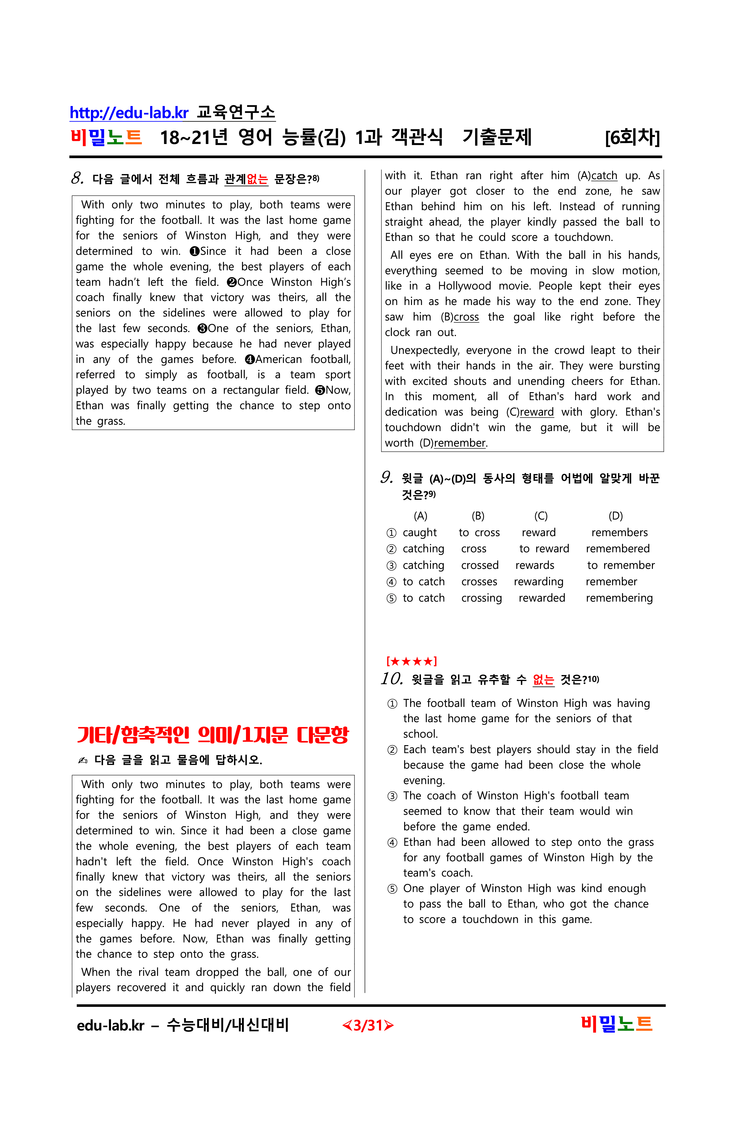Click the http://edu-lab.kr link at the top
click(x=129, y=113)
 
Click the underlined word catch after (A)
click(x=604, y=176)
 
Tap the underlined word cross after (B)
click(x=467, y=317)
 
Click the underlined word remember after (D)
click(x=460, y=443)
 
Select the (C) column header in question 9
click(x=541, y=516)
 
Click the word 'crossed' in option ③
click(x=480, y=565)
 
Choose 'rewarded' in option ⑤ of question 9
click(x=542, y=598)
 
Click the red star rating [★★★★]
click(x=411, y=661)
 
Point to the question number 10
click(x=392, y=679)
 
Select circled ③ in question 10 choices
click(x=392, y=796)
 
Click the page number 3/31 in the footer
click(x=368, y=1026)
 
